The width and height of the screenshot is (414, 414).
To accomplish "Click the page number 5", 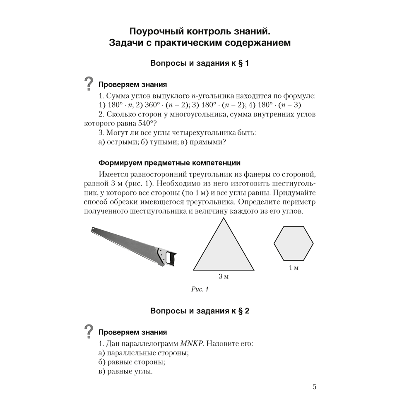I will (314, 387).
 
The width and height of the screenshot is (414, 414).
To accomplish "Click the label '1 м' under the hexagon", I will (294, 268).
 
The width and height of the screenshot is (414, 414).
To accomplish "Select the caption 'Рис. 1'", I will (200, 289).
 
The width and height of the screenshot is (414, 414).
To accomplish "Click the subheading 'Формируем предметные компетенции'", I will (169, 163).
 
